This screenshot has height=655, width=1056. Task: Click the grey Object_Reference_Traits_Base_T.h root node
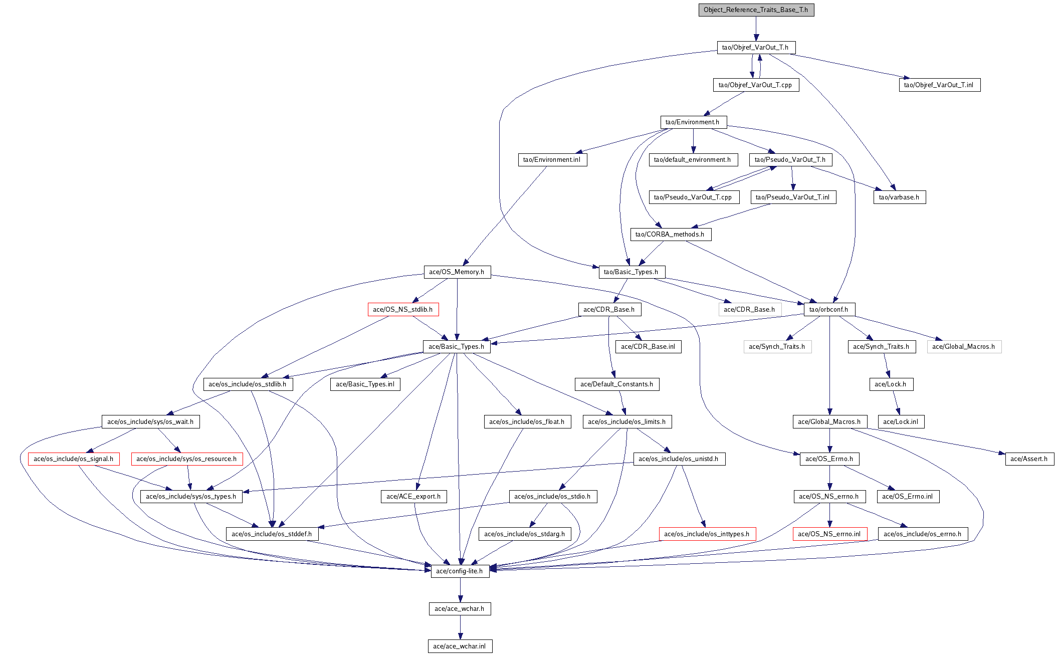(x=756, y=10)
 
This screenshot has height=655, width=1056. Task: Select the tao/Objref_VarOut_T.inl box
(x=939, y=85)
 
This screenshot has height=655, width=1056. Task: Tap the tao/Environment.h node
(x=693, y=122)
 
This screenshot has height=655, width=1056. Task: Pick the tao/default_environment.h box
(x=693, y=160)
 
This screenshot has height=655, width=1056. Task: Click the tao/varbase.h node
(x=899, y=197)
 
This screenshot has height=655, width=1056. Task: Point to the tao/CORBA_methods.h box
(x=670, y=235)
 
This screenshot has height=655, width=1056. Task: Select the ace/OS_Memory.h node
(x=457, y=272)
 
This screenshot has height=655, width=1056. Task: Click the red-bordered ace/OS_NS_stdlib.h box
(x=403, y=310)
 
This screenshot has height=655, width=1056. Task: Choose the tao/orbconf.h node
(x=829, y=310)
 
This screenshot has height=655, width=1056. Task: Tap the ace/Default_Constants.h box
(x=617, y=384)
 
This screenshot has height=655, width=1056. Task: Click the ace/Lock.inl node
(x=901, y=422)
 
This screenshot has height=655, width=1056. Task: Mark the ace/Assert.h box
(x=1029, y=459)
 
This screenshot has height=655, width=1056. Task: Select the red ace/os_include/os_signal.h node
(x=74, y=459)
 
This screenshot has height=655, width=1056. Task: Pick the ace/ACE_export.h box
(x=413, y=497)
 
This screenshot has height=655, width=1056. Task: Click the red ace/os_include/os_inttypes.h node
(x=707, y=534)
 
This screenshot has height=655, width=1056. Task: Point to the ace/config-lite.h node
(x=460, y=571)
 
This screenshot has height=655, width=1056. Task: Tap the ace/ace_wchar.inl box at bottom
(x=460, y=646)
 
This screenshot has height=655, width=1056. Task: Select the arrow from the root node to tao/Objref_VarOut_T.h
(x=756, y=29)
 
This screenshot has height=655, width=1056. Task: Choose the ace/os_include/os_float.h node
(x=527, y=422)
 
